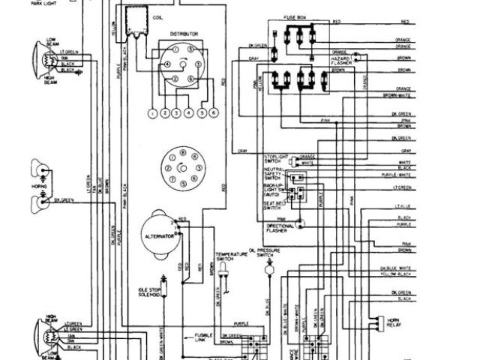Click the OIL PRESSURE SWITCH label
tap(268, 252)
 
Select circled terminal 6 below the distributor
tap(214, 113)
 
